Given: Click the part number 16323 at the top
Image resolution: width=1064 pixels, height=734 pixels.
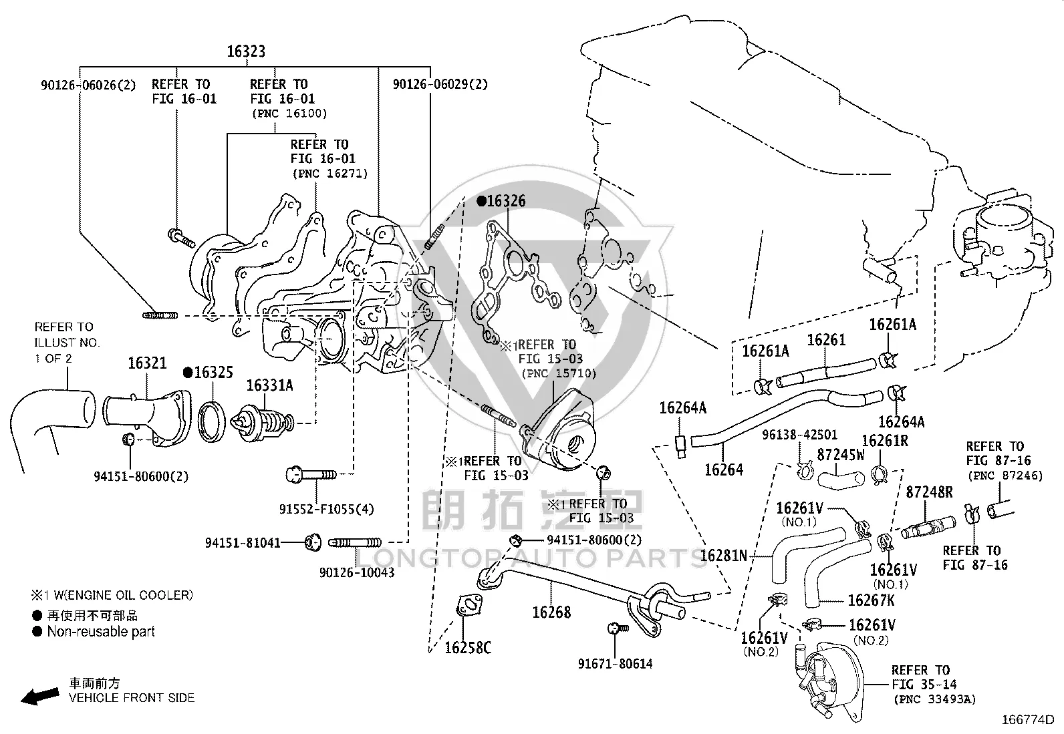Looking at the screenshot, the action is pos(245,51).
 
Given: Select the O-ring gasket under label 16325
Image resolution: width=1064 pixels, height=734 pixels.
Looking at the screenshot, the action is pos(211,421).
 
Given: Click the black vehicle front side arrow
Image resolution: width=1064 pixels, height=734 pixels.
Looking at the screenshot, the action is pos(40,696).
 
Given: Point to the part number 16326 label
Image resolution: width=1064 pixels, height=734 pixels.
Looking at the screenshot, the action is pos(502,201).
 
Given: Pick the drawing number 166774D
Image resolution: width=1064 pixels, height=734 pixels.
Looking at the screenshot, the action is pos(1028,719).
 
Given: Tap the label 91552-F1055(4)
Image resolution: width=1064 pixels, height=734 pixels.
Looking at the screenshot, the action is pos(326,509).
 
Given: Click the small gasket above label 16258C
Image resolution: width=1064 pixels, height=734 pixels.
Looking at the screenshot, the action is pos(469,606).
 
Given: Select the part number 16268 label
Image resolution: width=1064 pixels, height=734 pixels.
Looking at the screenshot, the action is pos(551,612).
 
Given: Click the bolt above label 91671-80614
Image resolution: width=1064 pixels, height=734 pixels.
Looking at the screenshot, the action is pos(618,628).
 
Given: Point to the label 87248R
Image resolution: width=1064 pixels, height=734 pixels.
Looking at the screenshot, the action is pos(929,492).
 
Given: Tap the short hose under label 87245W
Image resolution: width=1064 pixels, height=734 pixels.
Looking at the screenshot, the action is pos(841,479).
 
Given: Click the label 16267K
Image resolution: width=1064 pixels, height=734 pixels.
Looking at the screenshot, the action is pos(871,600).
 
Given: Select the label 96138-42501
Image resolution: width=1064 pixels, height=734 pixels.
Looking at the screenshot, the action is pos(800,434).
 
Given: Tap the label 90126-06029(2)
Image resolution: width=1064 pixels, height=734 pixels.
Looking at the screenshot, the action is pos(440,84).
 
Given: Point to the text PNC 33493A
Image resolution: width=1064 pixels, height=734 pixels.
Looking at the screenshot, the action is pos(935,699).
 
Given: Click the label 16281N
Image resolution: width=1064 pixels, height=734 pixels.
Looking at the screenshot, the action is pos(723,555).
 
